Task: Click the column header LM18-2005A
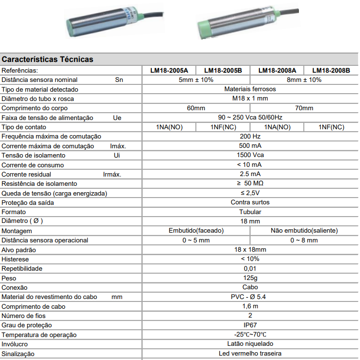coord(169,70)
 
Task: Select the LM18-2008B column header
coord(331,70)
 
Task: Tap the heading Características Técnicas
coord(47,60)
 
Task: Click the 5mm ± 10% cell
coord(196,80)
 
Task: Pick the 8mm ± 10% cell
coord(304,80)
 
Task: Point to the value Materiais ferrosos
coord(250,89)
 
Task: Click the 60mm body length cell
coord(196,108)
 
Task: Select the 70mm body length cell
coord(304,108)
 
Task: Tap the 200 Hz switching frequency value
coord(250,137)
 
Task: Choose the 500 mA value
coord(250,146)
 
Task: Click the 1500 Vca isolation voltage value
coord(250,155)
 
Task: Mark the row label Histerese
coord(15,259)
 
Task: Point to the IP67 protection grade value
coord(250,325)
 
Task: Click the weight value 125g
coord(250,278)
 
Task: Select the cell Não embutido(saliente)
coord(304,231)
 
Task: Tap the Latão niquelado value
coord(250,344)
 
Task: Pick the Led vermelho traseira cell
coord(250,354)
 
